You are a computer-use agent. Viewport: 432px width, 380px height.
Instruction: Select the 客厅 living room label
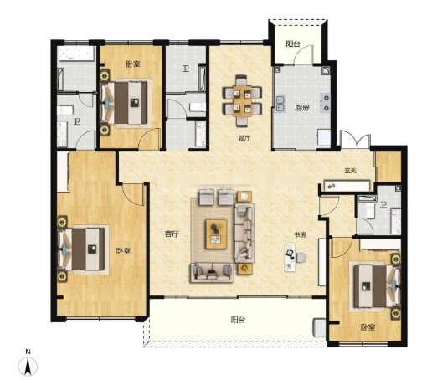[172, 234]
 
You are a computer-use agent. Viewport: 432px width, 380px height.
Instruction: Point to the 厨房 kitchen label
[302, 107]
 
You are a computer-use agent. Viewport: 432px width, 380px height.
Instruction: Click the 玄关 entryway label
[350, 171]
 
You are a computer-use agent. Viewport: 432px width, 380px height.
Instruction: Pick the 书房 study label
[300, 235]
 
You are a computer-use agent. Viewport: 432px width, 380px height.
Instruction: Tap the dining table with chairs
[242, 100]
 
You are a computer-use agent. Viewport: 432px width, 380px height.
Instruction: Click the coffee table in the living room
[216, 234]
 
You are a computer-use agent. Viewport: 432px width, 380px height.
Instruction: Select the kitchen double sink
[280, 103]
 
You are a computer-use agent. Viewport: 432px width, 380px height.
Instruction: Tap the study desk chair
[301, 257]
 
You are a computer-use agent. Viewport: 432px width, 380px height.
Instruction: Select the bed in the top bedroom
[126, 103]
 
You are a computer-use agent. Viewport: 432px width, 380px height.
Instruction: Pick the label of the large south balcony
[238, 320]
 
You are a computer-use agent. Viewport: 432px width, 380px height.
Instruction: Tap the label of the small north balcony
[293, 44]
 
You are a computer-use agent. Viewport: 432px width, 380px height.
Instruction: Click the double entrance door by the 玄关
[355, 140]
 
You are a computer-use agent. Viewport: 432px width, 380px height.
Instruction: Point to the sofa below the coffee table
[212, 272]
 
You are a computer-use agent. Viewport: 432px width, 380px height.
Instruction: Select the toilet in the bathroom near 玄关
[370, 210]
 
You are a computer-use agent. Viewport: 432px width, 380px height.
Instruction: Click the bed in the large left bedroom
[81, 249]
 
